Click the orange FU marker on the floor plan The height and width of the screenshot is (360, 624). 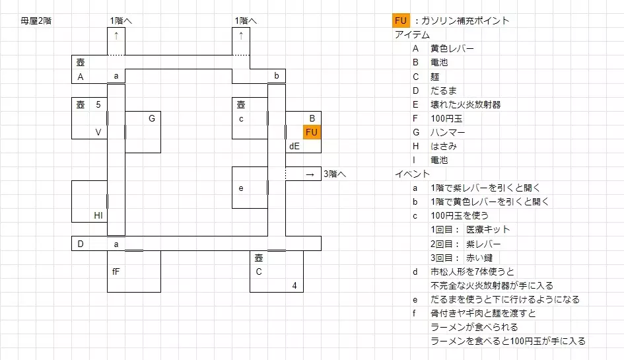[312, 132]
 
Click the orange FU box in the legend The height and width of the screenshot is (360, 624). [401, 20]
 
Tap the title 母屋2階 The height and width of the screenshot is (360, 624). [36, 20]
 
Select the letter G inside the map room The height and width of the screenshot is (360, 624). [152, 118]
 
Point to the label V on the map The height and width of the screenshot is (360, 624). [98, 132]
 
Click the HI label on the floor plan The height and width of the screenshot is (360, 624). [98, 215]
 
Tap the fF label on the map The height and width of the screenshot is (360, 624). [116, 271]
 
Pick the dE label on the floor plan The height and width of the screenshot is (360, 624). [295, 146]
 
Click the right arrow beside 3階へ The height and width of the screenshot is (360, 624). [310, 174]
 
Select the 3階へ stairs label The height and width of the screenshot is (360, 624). [335, 174]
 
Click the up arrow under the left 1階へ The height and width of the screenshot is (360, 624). [116, 35]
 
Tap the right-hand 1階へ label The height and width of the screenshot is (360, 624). [246, 20]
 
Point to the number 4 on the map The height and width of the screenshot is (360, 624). [295, 285]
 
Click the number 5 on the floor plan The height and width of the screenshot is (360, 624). [98, 104]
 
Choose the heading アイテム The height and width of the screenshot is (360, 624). [412, 34]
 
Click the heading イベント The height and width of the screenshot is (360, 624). [412, 174]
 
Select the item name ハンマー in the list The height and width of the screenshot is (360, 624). [448, 132]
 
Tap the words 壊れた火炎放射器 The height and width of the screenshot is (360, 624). [465, 104]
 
